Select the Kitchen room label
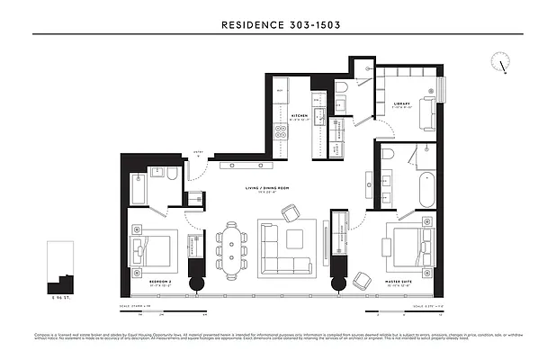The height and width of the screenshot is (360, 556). tap(300, 116)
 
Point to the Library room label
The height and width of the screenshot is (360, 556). tap(401, 103)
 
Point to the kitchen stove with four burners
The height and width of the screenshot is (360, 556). tap(281, 133)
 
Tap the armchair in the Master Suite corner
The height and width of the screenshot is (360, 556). tap(361, 280)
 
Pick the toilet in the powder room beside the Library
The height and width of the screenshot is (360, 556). tap(342, 86)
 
